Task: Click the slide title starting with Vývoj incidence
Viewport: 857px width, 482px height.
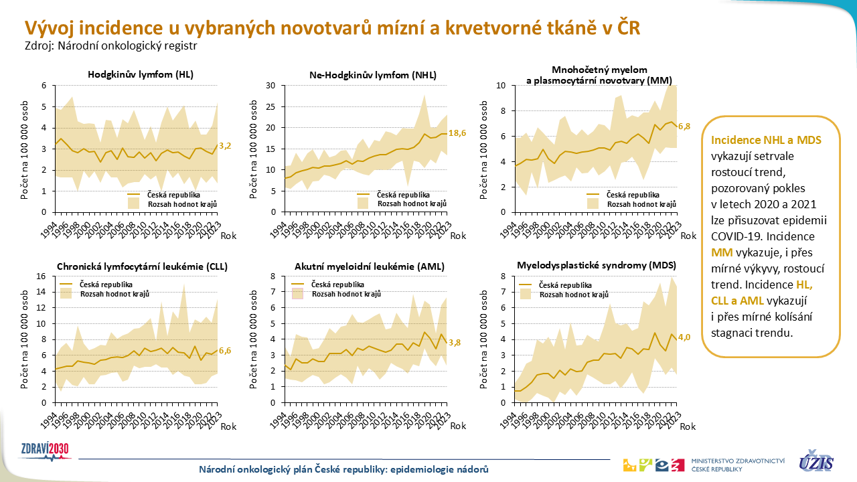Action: pos(332,27)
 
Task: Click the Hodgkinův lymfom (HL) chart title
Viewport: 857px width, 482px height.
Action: pos(141,74)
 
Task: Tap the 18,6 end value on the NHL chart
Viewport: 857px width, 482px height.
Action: pos(458,134)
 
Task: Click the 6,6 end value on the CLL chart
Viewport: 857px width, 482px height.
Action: pos(225,350)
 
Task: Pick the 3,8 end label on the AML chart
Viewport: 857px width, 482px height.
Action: pos(455,343)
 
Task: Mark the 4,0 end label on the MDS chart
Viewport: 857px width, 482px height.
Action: pos(684,337)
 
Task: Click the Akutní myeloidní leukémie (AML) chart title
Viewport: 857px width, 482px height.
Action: pos(370,266)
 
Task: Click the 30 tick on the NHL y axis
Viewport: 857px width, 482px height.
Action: pos(270,86)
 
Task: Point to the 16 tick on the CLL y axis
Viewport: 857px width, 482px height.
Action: pos(40,276)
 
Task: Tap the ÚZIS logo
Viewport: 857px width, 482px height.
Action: pos(816,461)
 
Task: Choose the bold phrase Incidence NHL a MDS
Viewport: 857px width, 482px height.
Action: pos(766,141)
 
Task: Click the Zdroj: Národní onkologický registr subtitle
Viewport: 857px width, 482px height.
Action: pos(111,46)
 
